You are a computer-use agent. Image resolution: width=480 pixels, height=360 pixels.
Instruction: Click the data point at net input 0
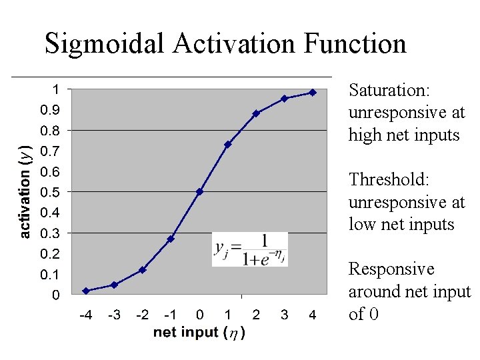tap(199, 191)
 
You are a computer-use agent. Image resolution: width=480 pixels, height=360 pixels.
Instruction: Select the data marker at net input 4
tap(312, 93)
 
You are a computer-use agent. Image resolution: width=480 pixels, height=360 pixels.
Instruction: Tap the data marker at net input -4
tap(86, 291)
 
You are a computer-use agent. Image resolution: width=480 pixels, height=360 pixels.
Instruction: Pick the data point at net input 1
tap(227, 144)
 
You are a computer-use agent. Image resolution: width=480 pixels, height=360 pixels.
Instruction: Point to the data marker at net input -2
tap(143, 270)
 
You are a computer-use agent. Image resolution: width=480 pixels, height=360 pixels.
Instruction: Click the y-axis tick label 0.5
tap(50, 192)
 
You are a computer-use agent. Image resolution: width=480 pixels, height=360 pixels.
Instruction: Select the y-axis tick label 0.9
tap(50, 109)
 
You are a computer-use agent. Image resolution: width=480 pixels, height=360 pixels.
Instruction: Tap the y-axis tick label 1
tap(57, 89)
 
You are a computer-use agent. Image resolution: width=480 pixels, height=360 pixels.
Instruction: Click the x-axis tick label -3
tap(114, 315)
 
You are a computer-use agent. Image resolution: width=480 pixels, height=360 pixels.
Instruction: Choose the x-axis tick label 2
tap(256, 315)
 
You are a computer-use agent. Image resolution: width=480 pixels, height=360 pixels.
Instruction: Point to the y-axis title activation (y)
tap(24, 191)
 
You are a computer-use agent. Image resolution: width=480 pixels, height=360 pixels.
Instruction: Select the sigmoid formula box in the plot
tap(250, 249)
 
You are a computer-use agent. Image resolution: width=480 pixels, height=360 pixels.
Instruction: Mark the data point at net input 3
tap(284, 98)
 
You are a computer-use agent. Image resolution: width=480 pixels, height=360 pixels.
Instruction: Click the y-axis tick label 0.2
tap(50, 254)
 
